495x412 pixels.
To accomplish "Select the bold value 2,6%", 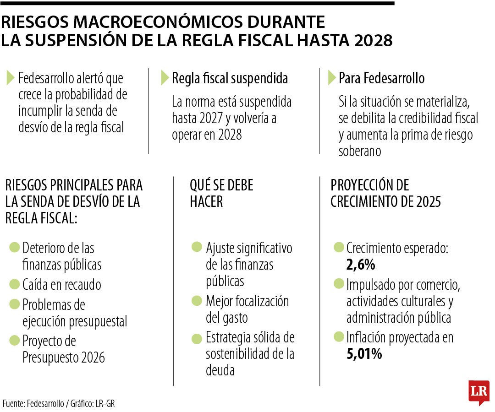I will point(361,265).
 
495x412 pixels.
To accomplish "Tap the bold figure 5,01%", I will point(364,354).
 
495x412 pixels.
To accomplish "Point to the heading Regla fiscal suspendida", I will point(230,79).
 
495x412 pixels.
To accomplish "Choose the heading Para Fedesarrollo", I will point(381,79).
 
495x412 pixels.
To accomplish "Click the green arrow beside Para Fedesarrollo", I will point(332,78).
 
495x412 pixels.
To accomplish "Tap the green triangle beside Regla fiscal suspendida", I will point(165,78).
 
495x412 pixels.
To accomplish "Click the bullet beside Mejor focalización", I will point(197,301).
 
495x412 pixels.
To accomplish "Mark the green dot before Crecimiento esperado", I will point(339,248).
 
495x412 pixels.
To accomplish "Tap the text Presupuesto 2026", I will point(64,358).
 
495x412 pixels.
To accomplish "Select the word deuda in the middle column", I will point(220,370).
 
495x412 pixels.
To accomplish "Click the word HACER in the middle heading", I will point(206,201).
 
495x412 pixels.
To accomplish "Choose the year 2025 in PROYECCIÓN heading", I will point(427,201).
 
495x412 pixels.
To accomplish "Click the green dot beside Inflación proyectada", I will point(339,337).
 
